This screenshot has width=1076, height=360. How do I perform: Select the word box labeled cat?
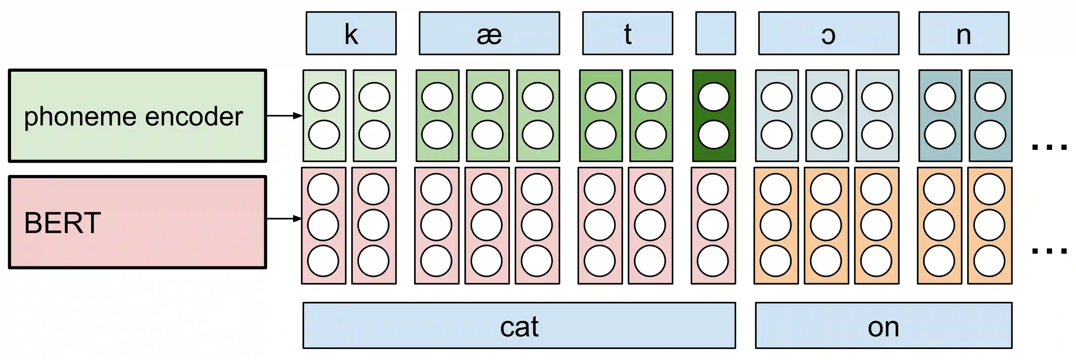coord(519,325)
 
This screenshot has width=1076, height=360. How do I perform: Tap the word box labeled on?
coord(883,325)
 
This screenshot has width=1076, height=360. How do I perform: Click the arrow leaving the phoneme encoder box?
coord(284,116)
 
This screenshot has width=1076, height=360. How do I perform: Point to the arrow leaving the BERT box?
coord(284,218)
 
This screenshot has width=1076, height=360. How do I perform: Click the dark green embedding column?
coord(714,116)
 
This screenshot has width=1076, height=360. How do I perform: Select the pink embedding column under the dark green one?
coord(713,226)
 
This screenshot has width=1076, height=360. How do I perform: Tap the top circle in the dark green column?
coord(714,97)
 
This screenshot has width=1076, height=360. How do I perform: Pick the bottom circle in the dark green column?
coord(714,134)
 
